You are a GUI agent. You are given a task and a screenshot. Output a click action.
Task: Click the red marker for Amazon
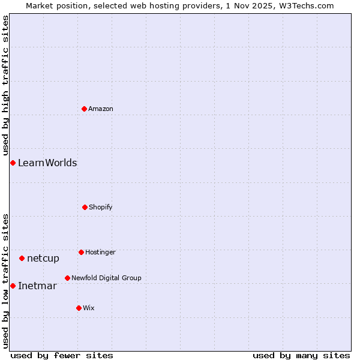84,109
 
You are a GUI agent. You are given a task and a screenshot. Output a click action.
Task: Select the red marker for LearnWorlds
13,163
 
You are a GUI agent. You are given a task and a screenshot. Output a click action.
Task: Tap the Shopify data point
85,207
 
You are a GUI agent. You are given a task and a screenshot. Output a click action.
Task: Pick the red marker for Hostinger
81,252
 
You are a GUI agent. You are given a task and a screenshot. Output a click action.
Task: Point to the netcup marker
22,258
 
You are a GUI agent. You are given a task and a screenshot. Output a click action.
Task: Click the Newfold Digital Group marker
67,278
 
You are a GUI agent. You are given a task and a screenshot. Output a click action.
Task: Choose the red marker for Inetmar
13,286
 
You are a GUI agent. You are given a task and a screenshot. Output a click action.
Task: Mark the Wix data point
79,308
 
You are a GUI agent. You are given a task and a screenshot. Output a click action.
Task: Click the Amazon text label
101,109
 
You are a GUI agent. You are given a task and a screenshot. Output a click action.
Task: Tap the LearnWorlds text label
47,163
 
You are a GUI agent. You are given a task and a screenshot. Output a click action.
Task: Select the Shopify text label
101,207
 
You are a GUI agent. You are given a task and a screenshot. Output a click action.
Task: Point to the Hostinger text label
100,252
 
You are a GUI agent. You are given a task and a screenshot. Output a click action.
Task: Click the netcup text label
43,258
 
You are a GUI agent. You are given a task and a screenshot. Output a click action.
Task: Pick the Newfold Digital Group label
106,278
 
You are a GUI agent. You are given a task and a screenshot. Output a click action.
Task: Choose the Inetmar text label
37,286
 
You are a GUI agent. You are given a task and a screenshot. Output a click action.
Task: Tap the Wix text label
89,308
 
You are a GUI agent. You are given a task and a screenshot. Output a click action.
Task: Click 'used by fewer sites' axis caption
62,355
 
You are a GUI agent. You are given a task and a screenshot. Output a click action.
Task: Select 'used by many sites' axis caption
301,355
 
